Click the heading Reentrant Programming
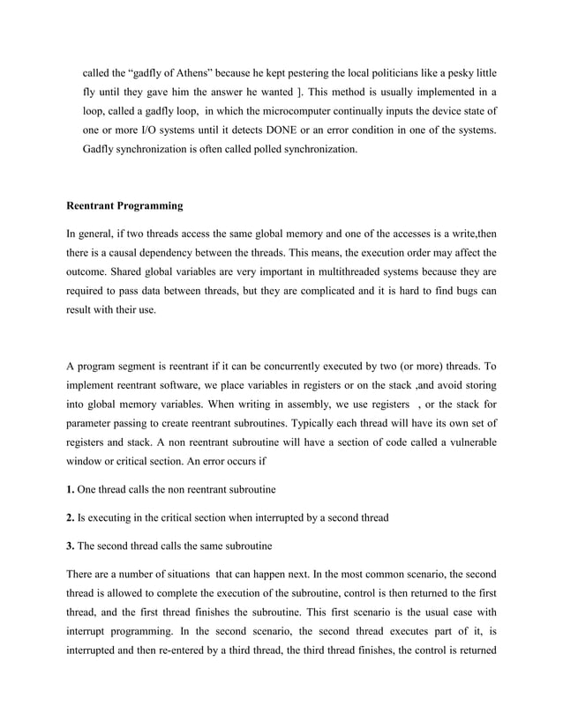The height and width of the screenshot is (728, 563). coord(124,206)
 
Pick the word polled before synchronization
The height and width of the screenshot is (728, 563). coord(257,150)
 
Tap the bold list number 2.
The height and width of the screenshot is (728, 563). coord(71,517)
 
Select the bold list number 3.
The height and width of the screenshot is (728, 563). coord(71,546)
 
